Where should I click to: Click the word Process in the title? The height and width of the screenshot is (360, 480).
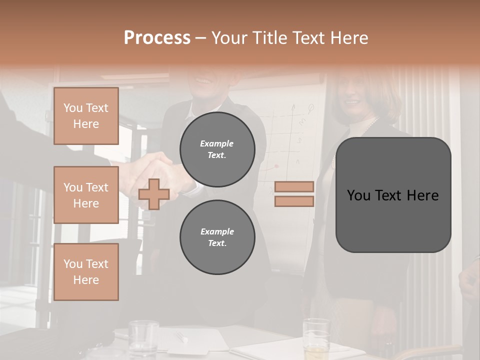click(157, 38)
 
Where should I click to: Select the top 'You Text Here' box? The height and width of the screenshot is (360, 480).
click(86, 116)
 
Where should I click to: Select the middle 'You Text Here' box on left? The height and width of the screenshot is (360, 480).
click(86, 195)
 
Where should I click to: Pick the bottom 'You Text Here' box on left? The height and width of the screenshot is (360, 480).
click(86, 271)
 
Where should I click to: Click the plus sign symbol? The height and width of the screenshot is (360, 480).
click(154, 194)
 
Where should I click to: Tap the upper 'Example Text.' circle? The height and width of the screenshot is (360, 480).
click(217, 149)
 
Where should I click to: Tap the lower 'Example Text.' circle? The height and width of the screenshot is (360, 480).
click(217, 237)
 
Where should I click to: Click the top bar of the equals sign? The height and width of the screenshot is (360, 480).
click(294, 186)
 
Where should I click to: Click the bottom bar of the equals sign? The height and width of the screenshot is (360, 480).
click(294, 201)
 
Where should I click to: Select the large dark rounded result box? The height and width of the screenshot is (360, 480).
click(393, 195)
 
